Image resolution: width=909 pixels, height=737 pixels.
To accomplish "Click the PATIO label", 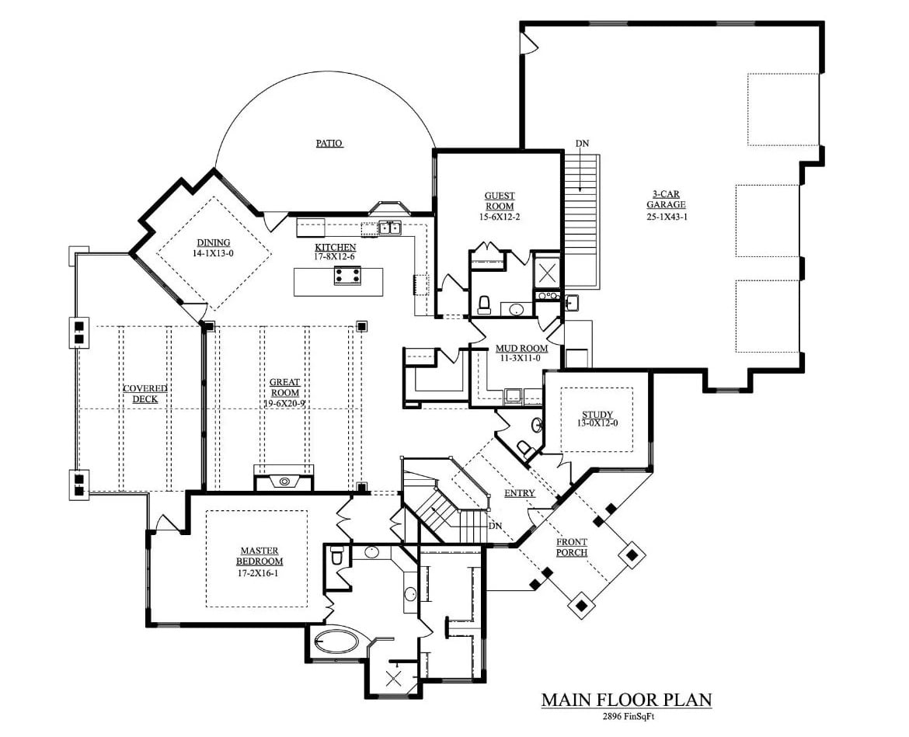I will tap(329, 143).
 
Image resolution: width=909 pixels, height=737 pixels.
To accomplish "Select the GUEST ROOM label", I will tap(500, 201).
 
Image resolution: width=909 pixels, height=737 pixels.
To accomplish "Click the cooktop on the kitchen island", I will tap(347, 275).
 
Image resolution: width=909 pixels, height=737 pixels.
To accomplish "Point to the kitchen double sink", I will tap(390, 228).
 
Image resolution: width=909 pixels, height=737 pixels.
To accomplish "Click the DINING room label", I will tap(213, 243).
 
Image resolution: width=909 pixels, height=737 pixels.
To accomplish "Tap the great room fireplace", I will tap(284, 481).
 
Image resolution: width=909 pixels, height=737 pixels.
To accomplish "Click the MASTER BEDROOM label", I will tap(261, 555).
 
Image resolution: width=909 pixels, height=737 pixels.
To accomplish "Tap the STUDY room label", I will tap(597, 415).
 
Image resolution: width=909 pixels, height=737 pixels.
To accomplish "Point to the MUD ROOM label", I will tap(517, 349).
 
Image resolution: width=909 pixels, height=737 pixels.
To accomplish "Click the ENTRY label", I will tap(519, 493).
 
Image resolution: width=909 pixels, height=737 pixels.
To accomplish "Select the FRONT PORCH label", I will tap(571, 548).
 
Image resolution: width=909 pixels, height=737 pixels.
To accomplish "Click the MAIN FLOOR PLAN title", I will tap(626, 700).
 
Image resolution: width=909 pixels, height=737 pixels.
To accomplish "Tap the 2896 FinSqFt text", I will tap(625, 717).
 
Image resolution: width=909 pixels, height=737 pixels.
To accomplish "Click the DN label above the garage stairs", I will tap(582, 144).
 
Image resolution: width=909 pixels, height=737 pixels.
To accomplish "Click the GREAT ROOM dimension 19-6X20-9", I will tap(284, 403).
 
